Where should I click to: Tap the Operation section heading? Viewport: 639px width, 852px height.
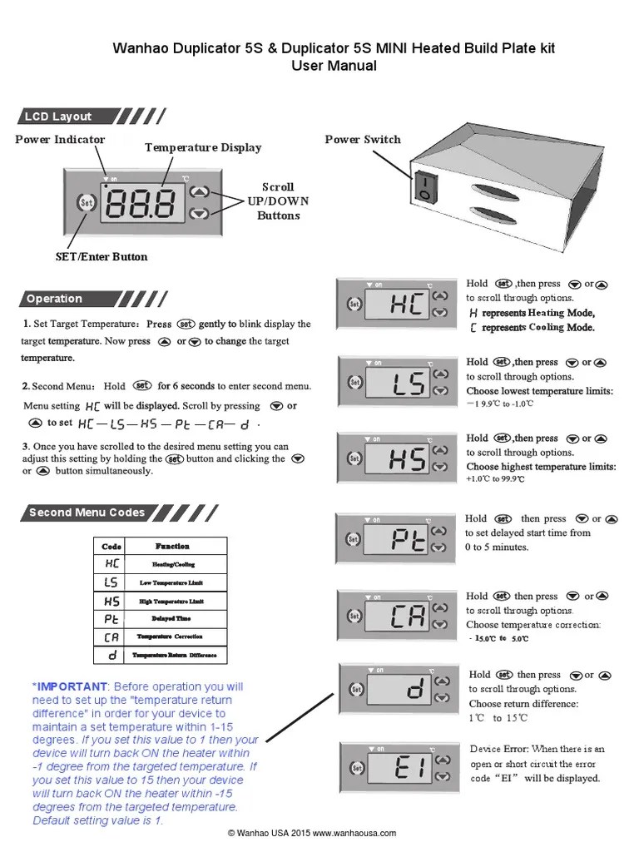click(54, 299)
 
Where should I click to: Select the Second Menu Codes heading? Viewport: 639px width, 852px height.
click(87, 513)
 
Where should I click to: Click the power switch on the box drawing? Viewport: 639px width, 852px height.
click(426, 187)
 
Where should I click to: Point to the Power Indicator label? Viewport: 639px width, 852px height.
click(60, 140)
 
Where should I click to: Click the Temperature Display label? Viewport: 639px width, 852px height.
click(203, 147)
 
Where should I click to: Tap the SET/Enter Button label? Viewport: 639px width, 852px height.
click(102, 256)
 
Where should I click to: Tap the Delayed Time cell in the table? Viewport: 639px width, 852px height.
click(171, 619)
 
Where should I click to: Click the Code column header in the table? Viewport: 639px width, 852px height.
click(111, 547)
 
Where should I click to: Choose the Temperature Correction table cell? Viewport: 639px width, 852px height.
click(171, 637)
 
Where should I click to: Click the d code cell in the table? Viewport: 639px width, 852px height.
click(111, 656)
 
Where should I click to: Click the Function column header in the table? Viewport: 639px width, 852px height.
click(172, 547)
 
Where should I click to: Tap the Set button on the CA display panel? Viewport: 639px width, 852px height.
click(354, 617)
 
